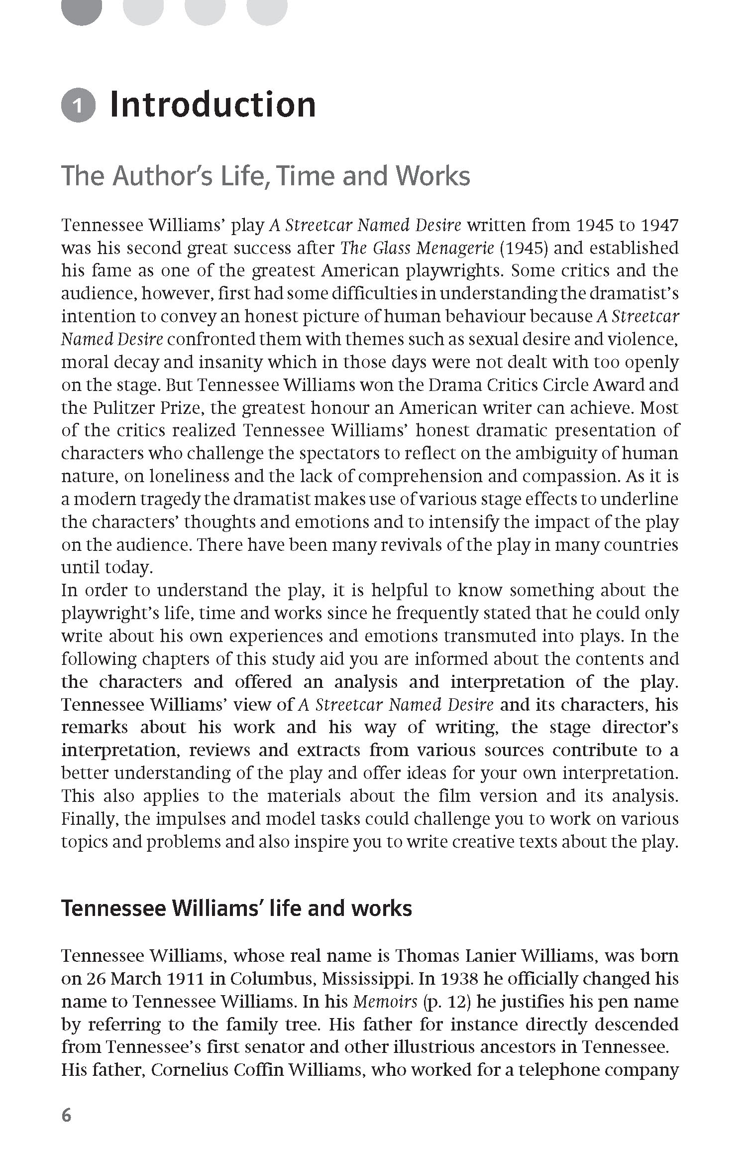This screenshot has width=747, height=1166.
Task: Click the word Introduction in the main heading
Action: click(213, 105)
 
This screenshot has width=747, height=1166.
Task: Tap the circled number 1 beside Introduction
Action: click(78, 106)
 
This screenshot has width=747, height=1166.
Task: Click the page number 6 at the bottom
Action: click(67, 1129)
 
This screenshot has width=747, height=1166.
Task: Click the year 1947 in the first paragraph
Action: click(659, 225)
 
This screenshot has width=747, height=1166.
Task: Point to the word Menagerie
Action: click(455, 248)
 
